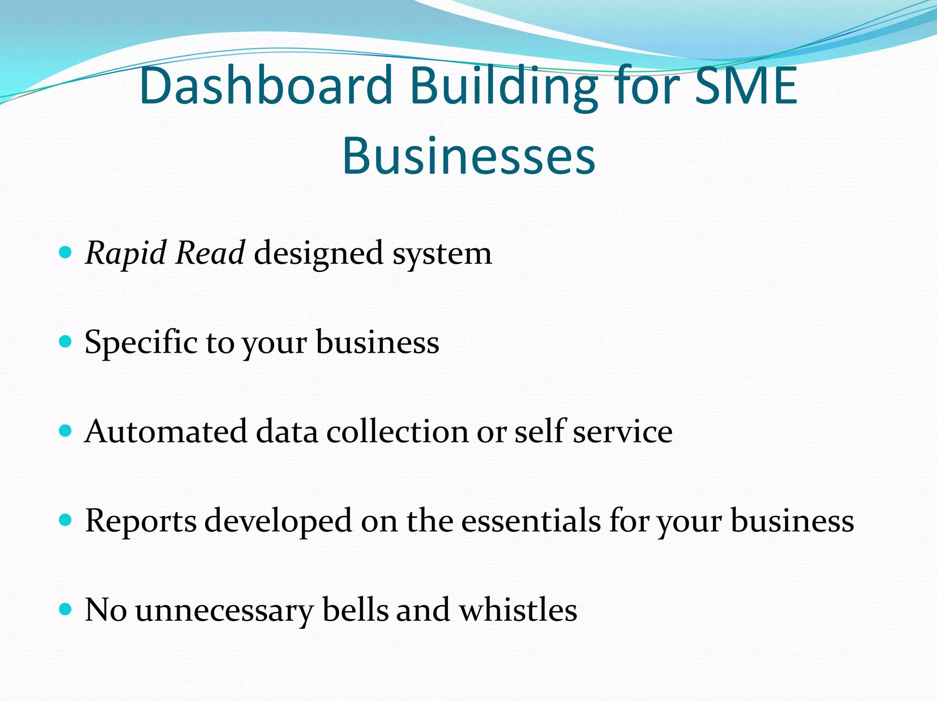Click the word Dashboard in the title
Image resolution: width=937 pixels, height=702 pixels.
point(265,86)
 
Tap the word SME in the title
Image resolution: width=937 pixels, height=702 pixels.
point(746,86)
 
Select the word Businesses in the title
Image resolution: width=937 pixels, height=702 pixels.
point(468,155)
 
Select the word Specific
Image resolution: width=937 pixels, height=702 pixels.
point(141,342)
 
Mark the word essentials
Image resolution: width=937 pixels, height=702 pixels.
point(531,520)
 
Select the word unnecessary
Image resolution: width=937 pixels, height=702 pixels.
point(224,611)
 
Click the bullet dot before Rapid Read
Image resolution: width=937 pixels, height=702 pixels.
point(66,252)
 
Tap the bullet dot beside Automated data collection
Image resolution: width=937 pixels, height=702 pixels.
point(66,430)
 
